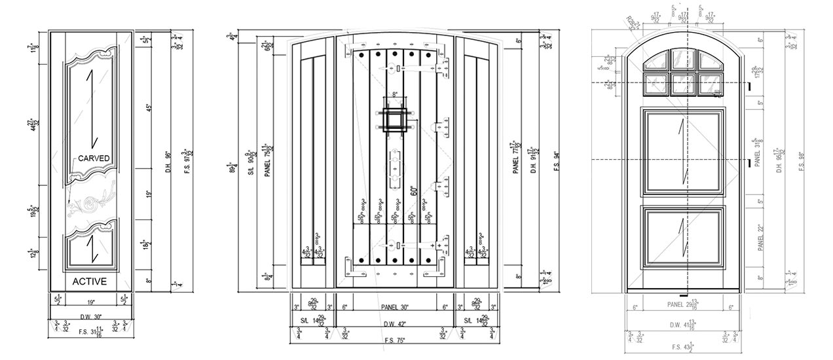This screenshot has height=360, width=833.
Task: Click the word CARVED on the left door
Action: pyautogui.click(x=94, y=158)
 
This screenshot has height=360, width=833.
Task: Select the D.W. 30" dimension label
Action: pyautogui.click(x=90, y=317)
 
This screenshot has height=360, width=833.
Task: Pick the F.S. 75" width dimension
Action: pyautogui.click(x=392, y=340)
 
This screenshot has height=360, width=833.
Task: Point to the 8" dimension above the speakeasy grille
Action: pyautogui.click(x=394, y=96)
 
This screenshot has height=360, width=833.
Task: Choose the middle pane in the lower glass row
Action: pyautogui.click(x=683, y=83)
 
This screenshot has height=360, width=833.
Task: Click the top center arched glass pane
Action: pyautogui.click(x=683, y=61)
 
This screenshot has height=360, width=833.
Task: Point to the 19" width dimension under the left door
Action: pyautogui.click(x=90, y=302)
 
